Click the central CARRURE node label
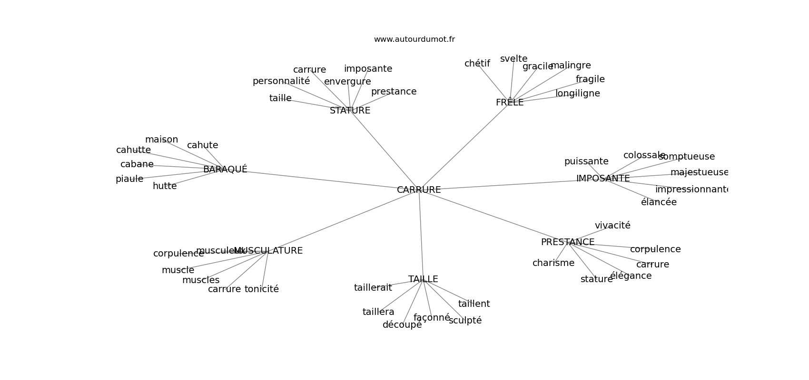point(419,190)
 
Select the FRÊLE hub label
point(509,102)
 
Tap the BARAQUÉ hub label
point(225,169)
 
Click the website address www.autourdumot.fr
point(414,39)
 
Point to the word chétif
point(477,64)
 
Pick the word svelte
point(513,59)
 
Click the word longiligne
point(577,94)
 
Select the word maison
point(161,140)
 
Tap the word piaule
point(129,179)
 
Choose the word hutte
point(165,186)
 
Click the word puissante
point(586,161)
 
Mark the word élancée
point(658,202)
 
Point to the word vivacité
point(612,226)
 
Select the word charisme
point(553,263)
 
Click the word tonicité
point(261,289)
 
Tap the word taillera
point(378,312)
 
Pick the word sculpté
point(465,321)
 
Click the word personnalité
point(281,81)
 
